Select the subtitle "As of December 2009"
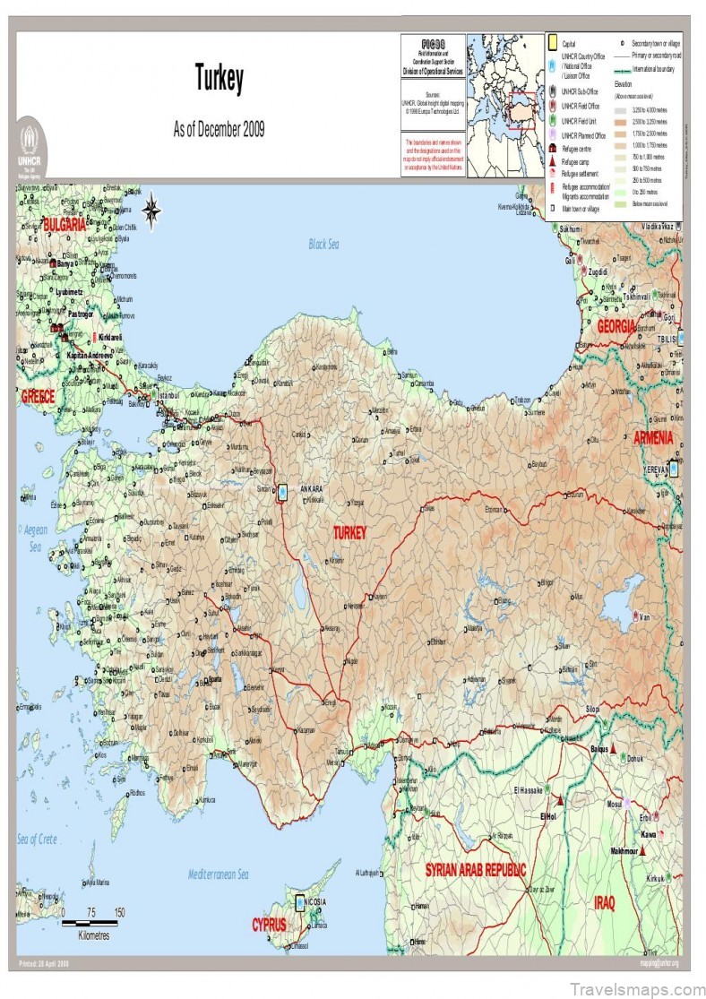[219, 130]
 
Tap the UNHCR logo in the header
[30, 144]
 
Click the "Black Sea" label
[324, 244]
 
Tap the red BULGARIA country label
[52, 226]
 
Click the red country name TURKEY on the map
[349, 532]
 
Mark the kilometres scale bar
[90, 922]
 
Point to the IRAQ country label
[605, 902]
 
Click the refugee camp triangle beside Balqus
[614, 747]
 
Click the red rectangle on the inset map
[522, 110]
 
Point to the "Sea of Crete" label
[37, 840]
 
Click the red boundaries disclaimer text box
[434, 155]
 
